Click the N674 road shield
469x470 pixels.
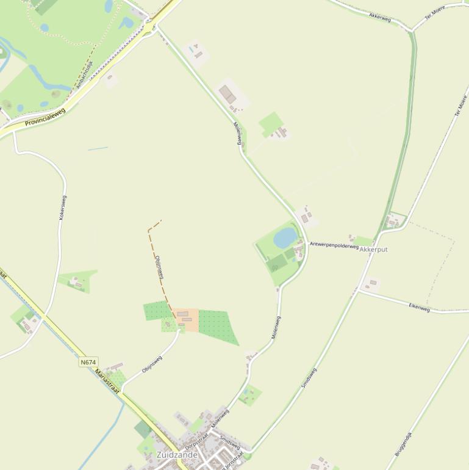[88, 362]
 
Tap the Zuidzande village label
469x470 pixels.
[177, 455]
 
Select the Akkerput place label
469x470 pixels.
[374, 250]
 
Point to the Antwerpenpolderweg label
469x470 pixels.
[334, 245]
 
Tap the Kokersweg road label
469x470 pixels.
[63, 208]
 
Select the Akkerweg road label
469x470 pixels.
[380, 16]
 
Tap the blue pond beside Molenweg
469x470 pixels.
[285, 238]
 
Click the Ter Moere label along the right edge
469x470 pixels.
[462, 105]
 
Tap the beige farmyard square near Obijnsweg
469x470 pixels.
[188, 320]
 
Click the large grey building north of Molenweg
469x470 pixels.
[227, 95]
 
